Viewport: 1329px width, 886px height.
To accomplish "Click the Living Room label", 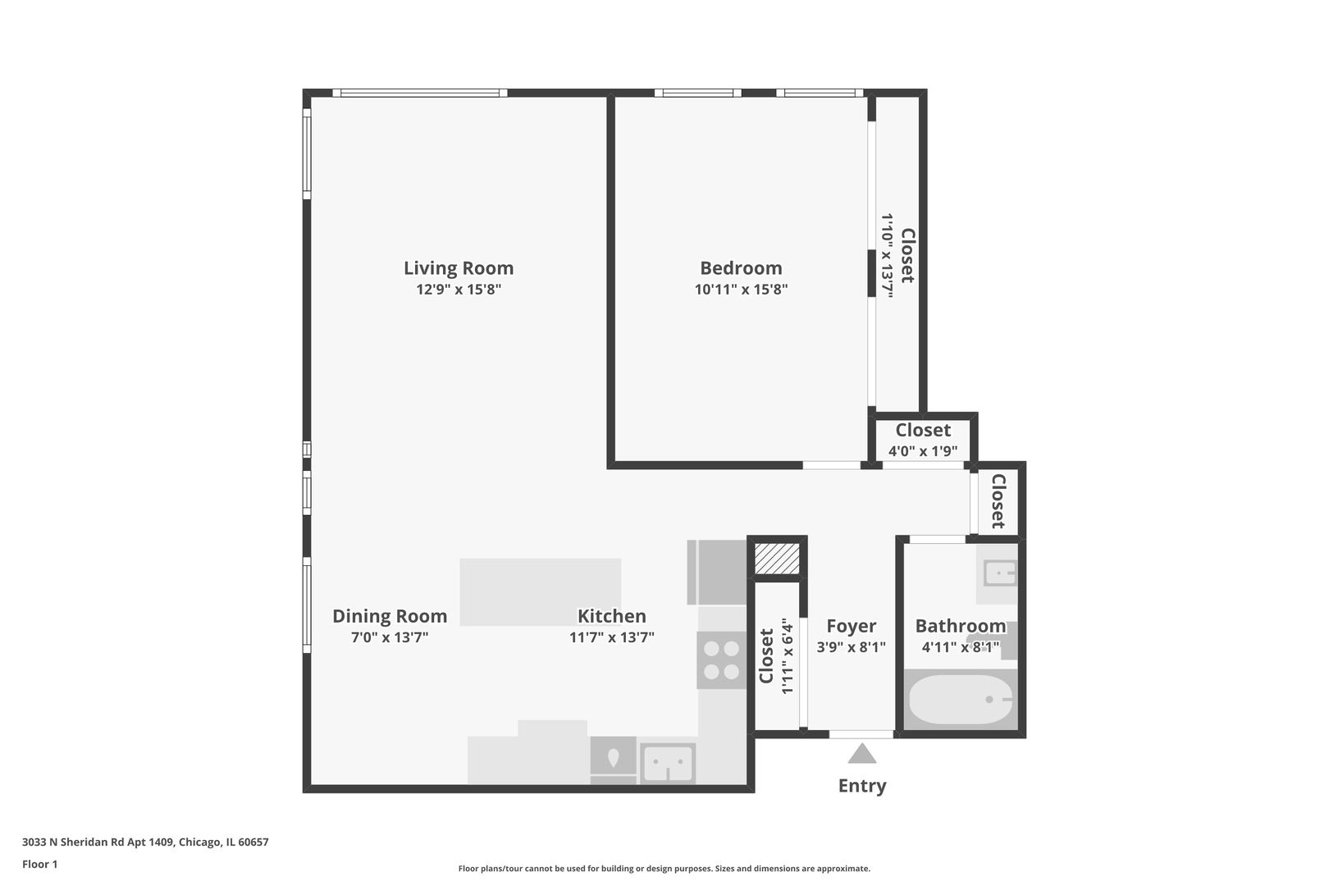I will point(458,268).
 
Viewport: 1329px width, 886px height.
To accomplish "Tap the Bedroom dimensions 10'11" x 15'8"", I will point(741,290).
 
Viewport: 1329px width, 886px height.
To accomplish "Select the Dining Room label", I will point(390,616).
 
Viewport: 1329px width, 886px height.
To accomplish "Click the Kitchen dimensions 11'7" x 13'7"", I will point(611,637).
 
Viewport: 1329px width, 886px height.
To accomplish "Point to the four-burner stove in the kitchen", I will point(721,660).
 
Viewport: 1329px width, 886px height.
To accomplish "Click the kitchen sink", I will point(667,764).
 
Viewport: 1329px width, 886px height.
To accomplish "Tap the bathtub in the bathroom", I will point(960,699).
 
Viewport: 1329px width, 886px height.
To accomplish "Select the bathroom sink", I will point(998,573).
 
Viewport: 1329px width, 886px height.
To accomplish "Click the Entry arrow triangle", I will point(861,753).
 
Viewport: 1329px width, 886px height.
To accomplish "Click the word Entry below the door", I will point(861,786).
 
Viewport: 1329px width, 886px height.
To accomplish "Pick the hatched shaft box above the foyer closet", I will point(776,559).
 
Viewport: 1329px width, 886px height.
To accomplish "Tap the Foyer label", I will point(851,627).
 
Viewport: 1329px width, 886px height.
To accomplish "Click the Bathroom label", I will point(960,627).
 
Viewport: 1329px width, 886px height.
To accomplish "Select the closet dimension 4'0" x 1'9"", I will point(923,451).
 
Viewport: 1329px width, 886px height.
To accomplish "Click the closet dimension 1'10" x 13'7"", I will point(888,255).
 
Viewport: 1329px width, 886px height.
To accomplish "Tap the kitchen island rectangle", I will point(540,591).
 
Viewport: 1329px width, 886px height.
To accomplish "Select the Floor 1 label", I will point(39,864).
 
